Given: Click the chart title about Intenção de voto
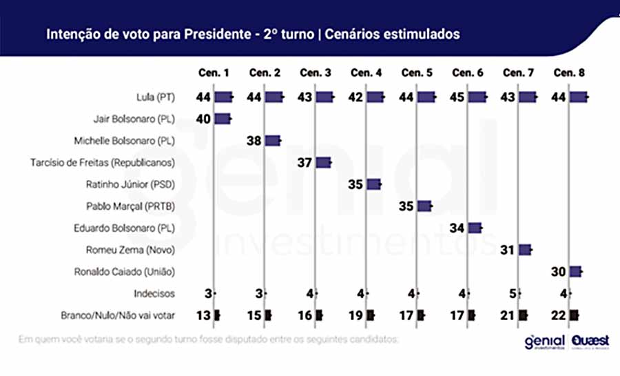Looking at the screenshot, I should point(253,34).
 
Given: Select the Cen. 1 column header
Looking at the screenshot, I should point(214,73).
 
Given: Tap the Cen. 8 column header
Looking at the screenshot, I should point(568,73).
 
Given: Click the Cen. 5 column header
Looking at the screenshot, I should point(417,73).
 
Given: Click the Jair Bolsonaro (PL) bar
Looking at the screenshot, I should point(222,119).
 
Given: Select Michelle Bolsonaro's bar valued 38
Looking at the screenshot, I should point(273,141).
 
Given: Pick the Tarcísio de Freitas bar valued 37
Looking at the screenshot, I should point(323,163).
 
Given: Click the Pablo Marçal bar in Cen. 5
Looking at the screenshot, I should point(424,206).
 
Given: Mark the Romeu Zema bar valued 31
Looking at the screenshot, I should point(525,250).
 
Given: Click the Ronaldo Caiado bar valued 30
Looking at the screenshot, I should point(575,271).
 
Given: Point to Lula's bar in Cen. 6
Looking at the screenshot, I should point(477,97).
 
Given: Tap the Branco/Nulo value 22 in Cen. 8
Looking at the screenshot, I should point(559,315).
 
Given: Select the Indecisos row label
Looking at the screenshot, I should point(154,293).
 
